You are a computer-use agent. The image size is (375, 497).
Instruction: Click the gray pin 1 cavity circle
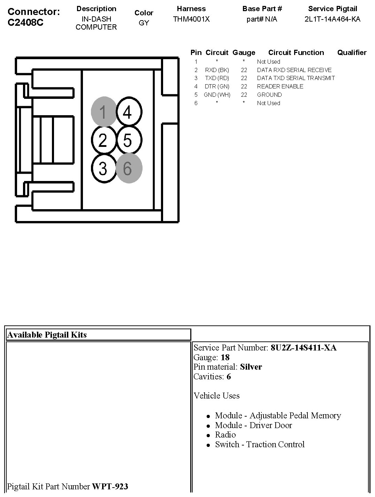pos(104,112)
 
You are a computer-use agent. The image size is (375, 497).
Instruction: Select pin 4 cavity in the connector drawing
pos(129,112)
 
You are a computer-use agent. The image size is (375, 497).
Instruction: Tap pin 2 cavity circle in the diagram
pos(104,140)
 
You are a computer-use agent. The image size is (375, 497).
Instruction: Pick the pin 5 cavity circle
pos(129,140)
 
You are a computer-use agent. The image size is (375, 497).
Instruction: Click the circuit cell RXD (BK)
pos(217,70)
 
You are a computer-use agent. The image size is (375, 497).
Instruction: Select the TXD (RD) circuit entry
pos(217,78)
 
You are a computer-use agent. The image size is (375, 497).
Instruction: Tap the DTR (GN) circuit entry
pos(217,86)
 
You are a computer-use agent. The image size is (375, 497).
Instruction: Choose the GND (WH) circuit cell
pos(217,95)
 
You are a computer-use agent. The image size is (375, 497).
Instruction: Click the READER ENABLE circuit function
pos(280,86)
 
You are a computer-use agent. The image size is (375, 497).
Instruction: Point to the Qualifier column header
pos(352,53)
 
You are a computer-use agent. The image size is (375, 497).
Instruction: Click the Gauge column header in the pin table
pos(244,53)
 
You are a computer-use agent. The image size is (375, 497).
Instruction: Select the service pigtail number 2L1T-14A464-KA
pos(332,19)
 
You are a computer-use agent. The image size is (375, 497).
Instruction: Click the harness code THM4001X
pos(191,19)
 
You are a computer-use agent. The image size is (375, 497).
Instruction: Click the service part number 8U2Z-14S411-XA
pos(304,348)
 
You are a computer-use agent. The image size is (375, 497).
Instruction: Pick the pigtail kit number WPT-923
pos(110,486)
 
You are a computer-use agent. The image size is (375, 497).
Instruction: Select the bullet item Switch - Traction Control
pos(260,444)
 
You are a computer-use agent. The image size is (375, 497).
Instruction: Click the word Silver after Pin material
pos(251,367)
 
